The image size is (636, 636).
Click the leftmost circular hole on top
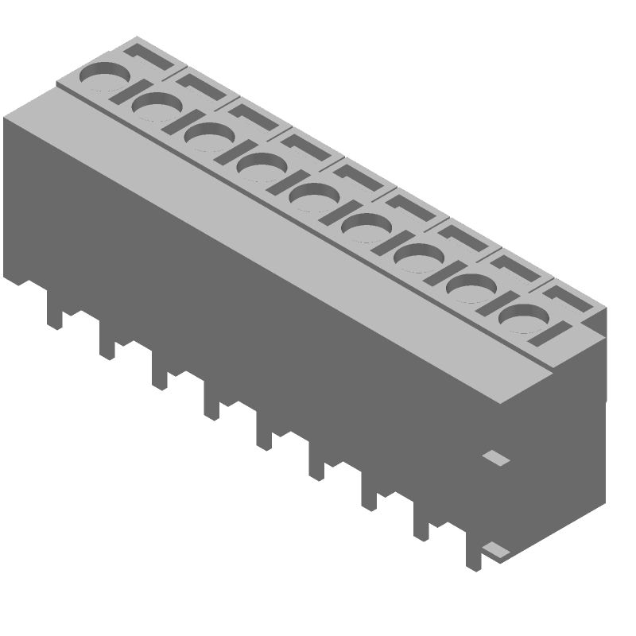[x=103, y=80]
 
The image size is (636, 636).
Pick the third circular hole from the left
[x=208, y=138]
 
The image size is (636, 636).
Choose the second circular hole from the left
[x=156, y=108]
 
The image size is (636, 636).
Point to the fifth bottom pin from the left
[x=265, y=433]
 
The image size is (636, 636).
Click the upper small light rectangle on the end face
[x=497, y=458]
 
